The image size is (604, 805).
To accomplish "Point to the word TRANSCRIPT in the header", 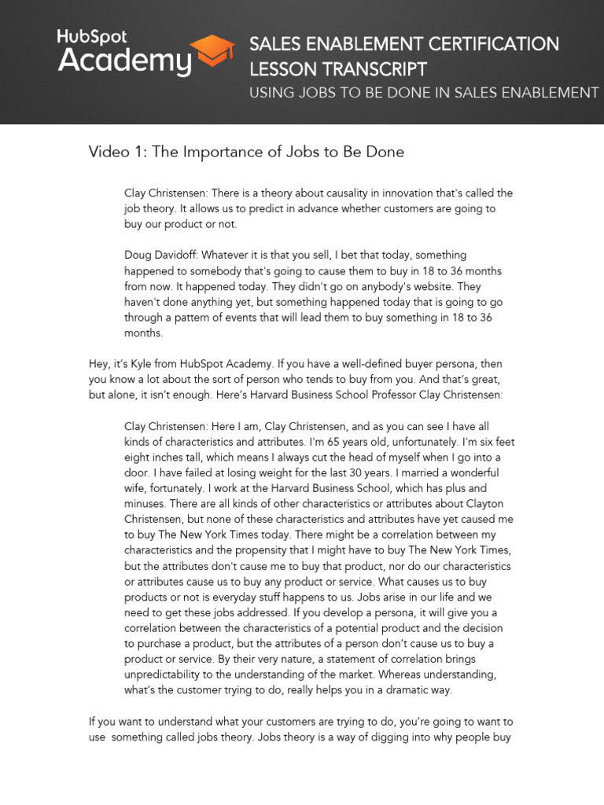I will (x=377, y=69).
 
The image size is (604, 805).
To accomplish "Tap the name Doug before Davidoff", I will (x=138, y=255).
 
